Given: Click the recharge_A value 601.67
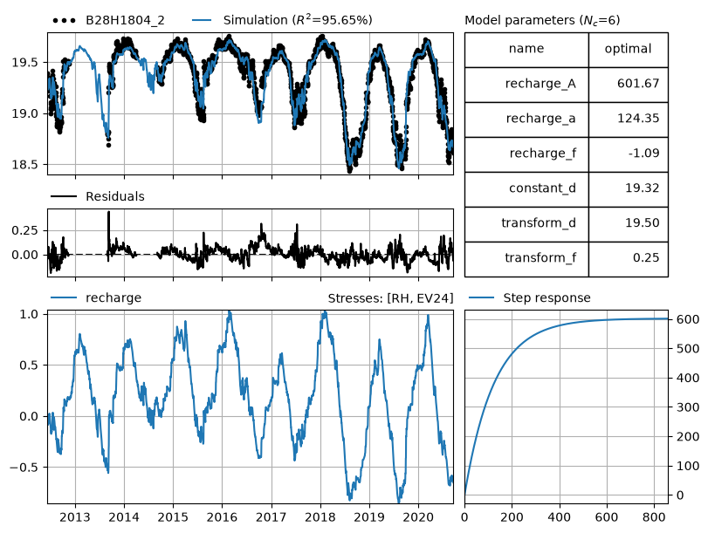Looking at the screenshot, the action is pyautogui.click(x=638, y=84).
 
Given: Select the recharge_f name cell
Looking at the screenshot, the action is pyautogui.click(x=526, y=154).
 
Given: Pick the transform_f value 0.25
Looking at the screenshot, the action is pyautogui.click(x=646, y=257).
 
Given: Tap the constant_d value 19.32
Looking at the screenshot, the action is pyautogui.click(x=642, y=188).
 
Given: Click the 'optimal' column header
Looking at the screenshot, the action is pyautogui.click(x=628, y=49).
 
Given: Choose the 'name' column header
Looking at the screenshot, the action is pyautogui.click(x=526, y=48).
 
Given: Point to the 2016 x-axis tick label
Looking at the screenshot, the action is pyautogui.click(x=222, y=517).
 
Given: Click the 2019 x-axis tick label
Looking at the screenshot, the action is pyautogui.click(x=369, y=517).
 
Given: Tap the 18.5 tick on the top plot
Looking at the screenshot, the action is pyautogui.click(x=26, y=165).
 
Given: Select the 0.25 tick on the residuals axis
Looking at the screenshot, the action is pyautogui.click(x=25, y=230).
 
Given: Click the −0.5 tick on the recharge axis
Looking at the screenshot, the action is pyautogui.click(x=25, y=468).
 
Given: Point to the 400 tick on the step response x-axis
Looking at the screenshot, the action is pyautogui.click(x=559, y=517).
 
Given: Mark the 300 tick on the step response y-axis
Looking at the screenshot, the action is pyautogui.click(x=687, y=407).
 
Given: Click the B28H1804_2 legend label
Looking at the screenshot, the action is pyautogui.click(x=125, y=21).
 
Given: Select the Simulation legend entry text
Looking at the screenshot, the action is pyautogui.click(x=298, y=20).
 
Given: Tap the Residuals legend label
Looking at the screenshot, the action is pyautogui.click(x=115, y=197).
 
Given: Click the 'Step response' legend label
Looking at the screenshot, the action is pyautogui.click(x=546, y=298).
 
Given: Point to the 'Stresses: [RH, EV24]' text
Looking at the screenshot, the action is pyautogui.click(x=390, y=298).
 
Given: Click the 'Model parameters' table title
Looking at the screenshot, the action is pyautogui.click(x=542, y=21).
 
